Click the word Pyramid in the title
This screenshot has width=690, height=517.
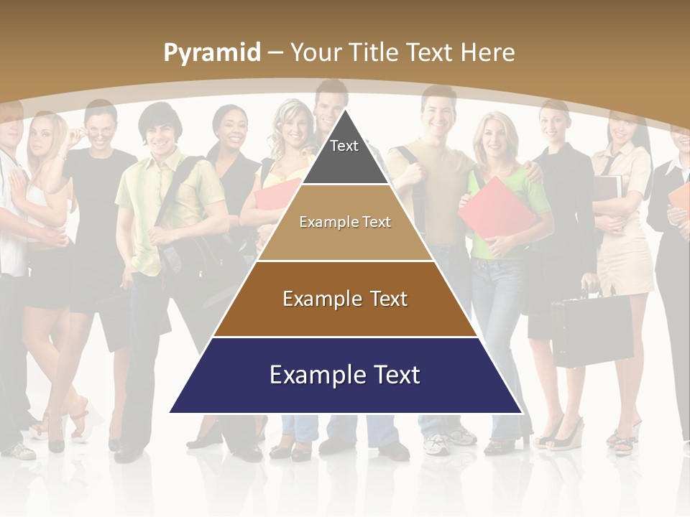pyautogui.click(x=211, y=53)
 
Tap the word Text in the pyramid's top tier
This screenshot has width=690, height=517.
pyautogui.click(x=344, y=146)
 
